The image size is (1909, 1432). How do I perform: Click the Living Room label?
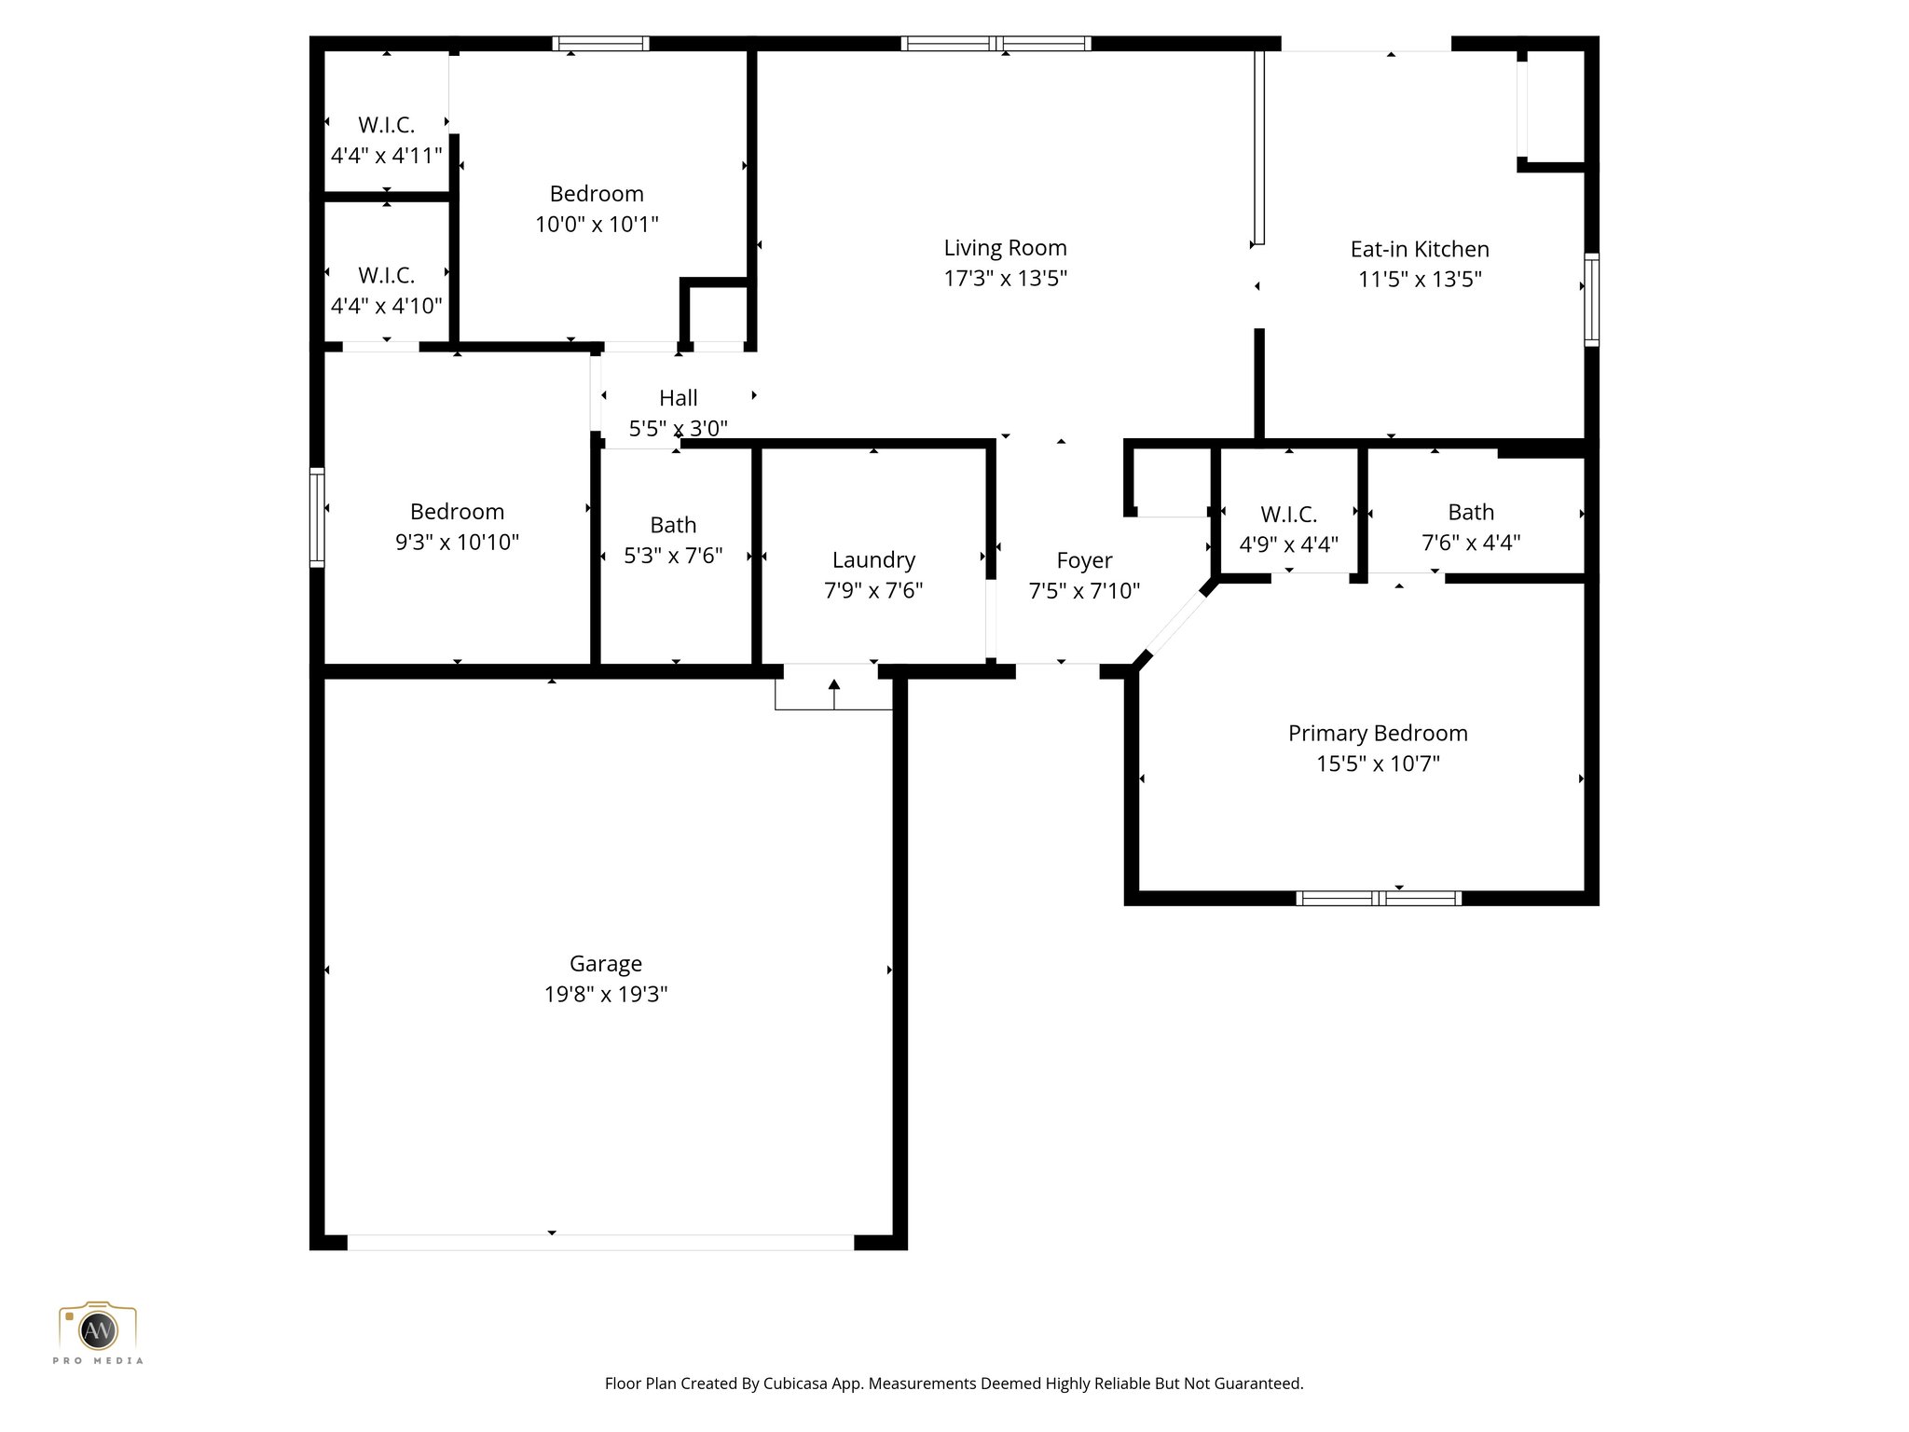pyautogui.click(x=1005, y=248)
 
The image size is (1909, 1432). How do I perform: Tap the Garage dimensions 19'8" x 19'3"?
pyautogui.click(x=606, y=994)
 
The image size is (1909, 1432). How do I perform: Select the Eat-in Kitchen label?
pyautogui.click(x=1419, y=249)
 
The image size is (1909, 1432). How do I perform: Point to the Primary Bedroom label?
pyautogui.click(x=1377, y=733)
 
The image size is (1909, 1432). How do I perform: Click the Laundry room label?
pyautogui.click(x=873, y=559)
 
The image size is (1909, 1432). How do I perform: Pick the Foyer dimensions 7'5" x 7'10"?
pyautogui.click(x=1084, y=590)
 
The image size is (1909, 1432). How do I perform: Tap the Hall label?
pyautogui.click(x=678, y=398)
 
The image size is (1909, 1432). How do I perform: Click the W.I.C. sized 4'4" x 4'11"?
pyautogui.click(x=386, y=140)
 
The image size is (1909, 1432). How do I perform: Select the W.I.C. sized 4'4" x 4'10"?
pyautogui.click(x=386, y=290)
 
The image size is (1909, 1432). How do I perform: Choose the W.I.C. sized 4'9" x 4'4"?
pyautogui.click(x=1288, y=529)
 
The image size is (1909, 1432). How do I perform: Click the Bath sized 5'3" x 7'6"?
pyautogui.click(x=672, y=540)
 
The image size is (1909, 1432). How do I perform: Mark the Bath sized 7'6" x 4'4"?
pyautogui.click(x=1470, y=527)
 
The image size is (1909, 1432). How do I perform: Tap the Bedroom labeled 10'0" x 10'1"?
pyautogui.click(x=597, y=208)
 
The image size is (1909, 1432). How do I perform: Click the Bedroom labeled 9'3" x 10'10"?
pyautogui.click(x=457, y=526)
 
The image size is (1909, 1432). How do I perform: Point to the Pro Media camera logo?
pyautogui.click(x=98, y=1329)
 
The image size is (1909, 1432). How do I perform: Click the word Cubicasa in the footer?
pyautogui.click(x=797, y=1384)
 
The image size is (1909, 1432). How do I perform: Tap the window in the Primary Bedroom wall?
pyautogui.click(x=1378, y=898)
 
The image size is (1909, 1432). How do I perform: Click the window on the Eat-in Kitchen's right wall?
pyautogui.click(x=1592, y=299)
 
